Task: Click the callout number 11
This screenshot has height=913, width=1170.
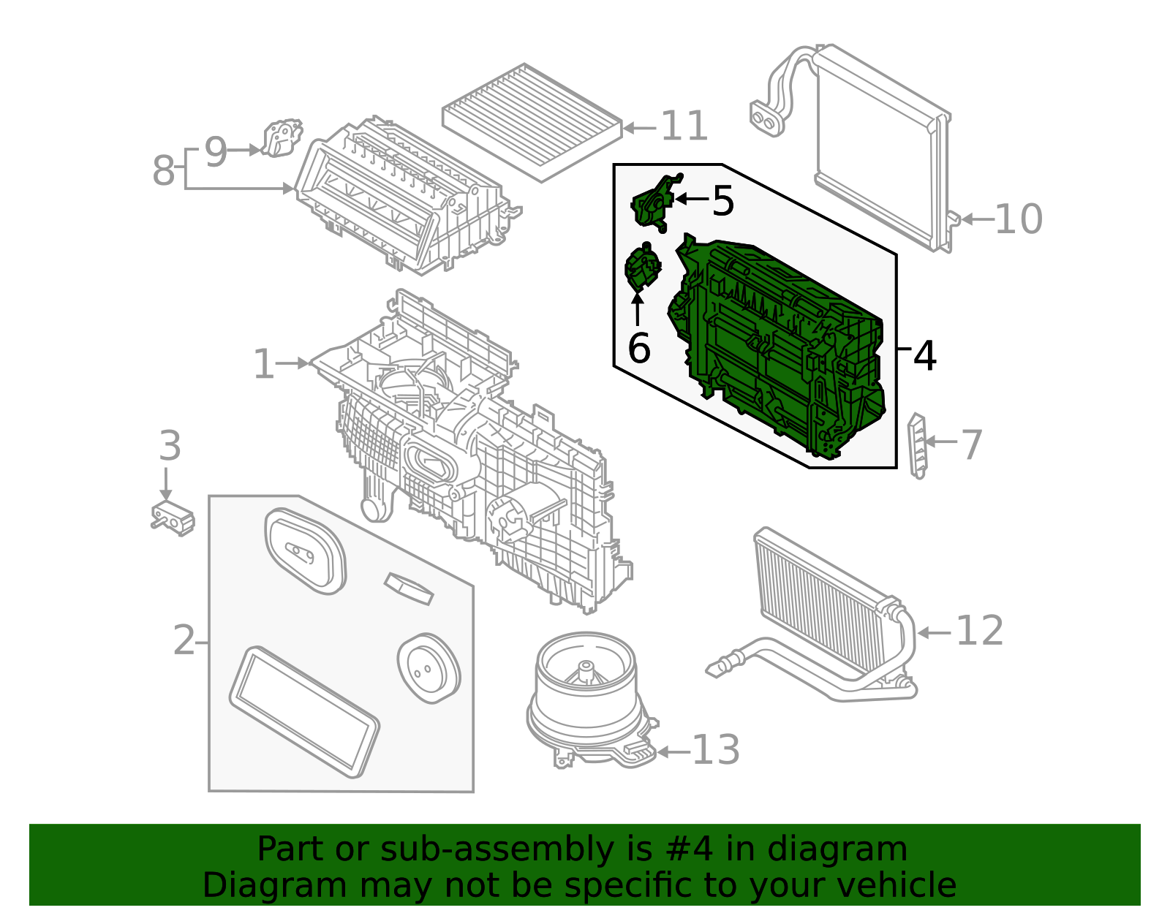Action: tap(684, 126)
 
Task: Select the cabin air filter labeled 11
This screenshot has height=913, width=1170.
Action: tap(532, 121)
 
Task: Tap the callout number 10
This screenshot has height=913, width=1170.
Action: tap(1018, 219)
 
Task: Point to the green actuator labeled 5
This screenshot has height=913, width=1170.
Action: tap(653, 203)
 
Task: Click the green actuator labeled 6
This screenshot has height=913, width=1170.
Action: tap(641, 268)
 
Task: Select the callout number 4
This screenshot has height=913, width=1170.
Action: tap(924, 356)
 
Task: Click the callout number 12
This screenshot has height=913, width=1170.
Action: tap(979, 630)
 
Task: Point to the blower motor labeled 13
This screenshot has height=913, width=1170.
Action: tap(587, 694)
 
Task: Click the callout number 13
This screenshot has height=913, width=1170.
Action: tap(715, 750)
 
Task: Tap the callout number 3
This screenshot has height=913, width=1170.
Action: tap(170, 446)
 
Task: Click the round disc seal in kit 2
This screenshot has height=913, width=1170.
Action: tap(429, 667)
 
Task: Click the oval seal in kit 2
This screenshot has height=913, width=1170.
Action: tap(303, 551)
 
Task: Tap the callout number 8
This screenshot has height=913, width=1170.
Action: tap(163, 170)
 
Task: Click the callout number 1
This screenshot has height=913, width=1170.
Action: tap(263, 363)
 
